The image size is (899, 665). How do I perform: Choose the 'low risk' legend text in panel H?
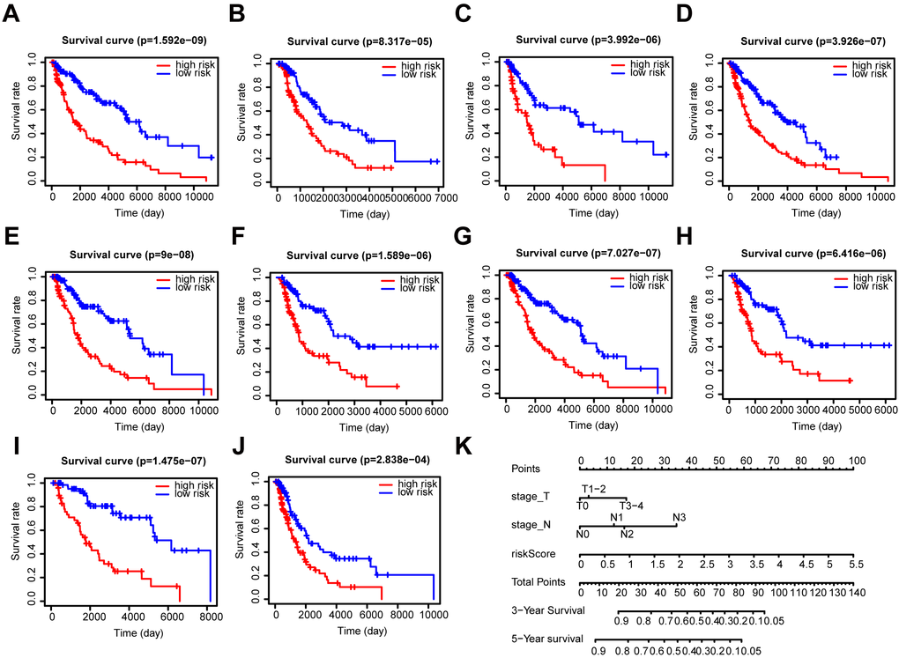click(853, 288)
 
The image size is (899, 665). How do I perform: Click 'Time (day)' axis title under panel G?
click(590, 425)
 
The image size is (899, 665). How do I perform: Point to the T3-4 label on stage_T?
click(631, 505)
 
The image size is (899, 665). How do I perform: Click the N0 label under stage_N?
click(583, 533)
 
